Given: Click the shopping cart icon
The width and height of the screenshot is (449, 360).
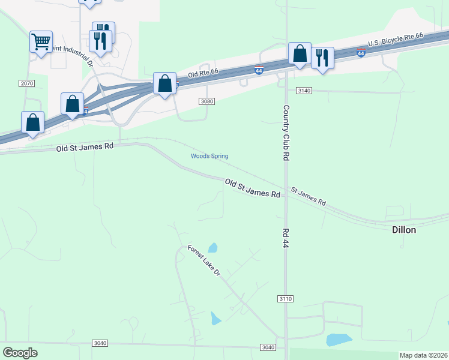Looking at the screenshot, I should click(x=41, y=42).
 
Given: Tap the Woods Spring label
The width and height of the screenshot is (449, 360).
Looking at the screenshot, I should click(x=209, y=157).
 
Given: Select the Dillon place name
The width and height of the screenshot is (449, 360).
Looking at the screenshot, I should click(x=404, y=230).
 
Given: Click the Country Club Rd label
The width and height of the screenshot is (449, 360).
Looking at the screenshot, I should click(x=286, y=133).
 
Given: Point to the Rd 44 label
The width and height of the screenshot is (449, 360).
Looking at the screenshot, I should click(x=286, y=239).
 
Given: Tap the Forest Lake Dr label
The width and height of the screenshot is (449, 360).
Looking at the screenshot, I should click(x=204, y=260).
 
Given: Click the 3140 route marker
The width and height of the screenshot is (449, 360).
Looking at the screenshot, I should click(x=304, y=90).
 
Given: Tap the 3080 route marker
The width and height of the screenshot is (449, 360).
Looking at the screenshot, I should click(x=206, y=101).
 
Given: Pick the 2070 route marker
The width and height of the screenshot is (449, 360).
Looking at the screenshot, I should click(x=26, y=83).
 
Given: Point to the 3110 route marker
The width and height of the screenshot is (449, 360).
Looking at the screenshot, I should click(x=286, y=298).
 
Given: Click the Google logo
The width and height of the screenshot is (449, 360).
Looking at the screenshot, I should click(x=20, y=353).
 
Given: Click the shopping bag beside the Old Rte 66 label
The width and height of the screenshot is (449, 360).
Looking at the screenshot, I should click(x=164, y=83).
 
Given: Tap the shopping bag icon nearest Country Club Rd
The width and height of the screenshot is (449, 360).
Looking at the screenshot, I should click(x=300, y=53).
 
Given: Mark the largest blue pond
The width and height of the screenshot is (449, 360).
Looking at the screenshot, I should click(x=339, y=340).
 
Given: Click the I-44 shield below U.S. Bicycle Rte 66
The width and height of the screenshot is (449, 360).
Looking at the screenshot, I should click(x=360, y=53).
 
